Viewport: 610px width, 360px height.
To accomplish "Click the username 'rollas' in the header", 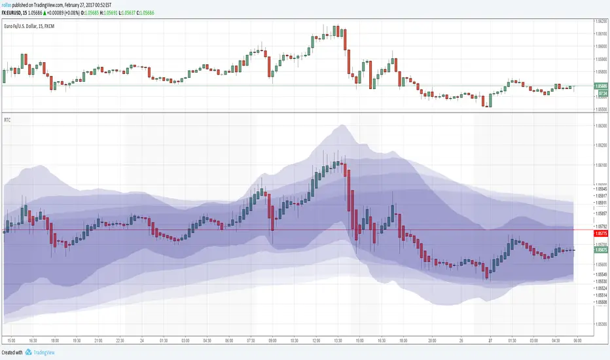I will pos(7,5).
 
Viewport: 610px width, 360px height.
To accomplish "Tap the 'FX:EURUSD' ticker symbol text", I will pos(16,12).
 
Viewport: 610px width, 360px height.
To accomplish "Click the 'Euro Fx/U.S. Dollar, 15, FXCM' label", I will pos(31,25).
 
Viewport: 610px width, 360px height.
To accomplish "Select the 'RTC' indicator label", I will pos(7,119).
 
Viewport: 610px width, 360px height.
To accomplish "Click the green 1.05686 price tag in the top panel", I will pos(598,86).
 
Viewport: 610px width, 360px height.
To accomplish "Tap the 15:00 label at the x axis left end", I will pos(10,340).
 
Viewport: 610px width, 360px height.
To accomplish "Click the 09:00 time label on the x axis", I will pos(272,340).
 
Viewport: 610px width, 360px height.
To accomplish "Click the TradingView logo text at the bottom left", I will pos(43,352).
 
